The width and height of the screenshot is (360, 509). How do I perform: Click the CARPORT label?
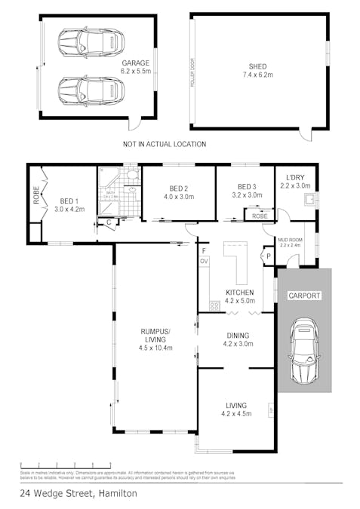tap(304, 296)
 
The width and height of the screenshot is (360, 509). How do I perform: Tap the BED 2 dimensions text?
tap(179, 198)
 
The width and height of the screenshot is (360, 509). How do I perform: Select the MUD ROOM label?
tap(291, 241)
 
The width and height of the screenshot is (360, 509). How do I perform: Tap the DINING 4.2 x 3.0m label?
tap(238, 339)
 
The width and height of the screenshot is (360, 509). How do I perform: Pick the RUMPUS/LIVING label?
tap(156, 339)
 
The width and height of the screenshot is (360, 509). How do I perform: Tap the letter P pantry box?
tap(268, 256)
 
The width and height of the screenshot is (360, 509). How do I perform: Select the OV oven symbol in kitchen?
tap(204, 261)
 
